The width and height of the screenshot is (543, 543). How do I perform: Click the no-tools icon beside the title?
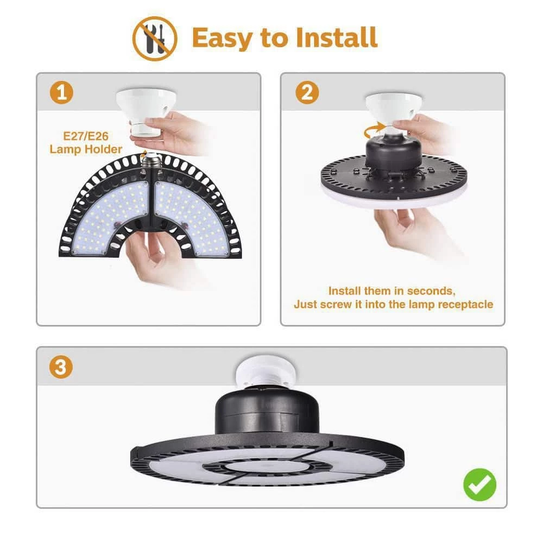[155, 39]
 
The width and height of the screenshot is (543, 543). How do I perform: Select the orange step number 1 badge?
[61, 92]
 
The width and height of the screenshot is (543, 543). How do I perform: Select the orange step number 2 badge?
[307, 92]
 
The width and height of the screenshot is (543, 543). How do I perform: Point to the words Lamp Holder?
[86, 149]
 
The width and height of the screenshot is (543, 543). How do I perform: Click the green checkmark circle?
[479, 484]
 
